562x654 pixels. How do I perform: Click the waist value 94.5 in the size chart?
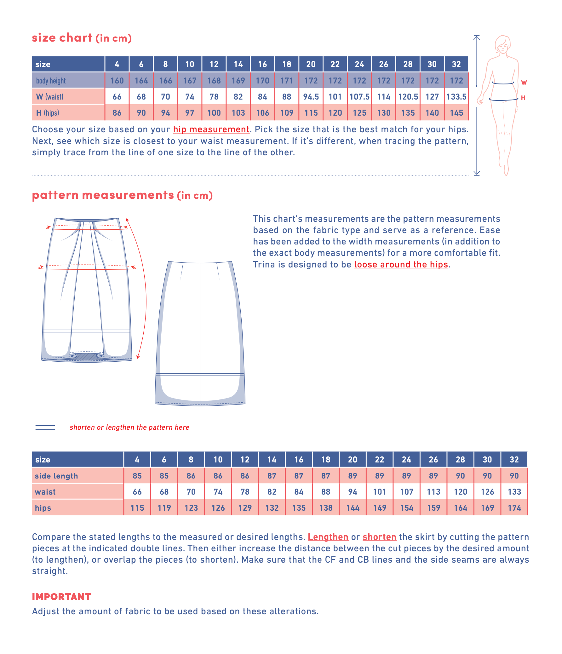[x=311, y=97]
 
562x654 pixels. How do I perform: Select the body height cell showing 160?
[x=117, y=81]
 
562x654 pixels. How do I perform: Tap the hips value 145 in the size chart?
[x=456, y=113]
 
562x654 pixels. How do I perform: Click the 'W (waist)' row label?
[x=50, y=97]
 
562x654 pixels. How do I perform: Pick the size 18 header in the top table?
[x=286, y=64]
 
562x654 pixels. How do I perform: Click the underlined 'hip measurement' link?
[x=211, y=129]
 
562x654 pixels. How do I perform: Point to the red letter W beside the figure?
[x=524, y=83]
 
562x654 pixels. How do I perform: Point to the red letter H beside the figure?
[x=523, y=98]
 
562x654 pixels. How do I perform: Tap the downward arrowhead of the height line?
[x=477, y=173]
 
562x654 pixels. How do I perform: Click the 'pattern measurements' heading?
[x=103, y=195]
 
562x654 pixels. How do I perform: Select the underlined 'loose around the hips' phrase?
[x=401, y=265]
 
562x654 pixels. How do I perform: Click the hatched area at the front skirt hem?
[x=86, y=357]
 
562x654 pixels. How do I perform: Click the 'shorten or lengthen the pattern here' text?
[x=129, y=427]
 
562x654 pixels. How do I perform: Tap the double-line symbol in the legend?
[x=45, y=427]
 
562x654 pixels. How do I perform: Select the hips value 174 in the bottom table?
[x=514, y=508]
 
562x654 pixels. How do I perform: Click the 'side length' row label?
[x=56, y=476]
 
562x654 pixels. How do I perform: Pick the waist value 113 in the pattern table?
[x=433, y=492]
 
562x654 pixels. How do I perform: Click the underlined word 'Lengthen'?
[x=328, y=537]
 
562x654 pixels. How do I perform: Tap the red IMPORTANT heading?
[x=61, y=597]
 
